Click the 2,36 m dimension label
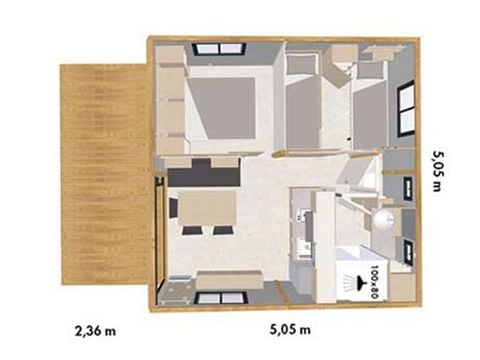(x=96, y=331)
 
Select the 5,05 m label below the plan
(x=290, y=329)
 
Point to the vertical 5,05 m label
(x=438, y=171)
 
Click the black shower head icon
(x=361, y=281)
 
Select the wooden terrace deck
(x=104, y=174)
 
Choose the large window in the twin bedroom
(x=406, y=108)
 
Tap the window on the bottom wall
(x=221, y=298)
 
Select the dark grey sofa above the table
(x=204, y=173)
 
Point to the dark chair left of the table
(x=174, y=207)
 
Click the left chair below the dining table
(x=192, y=230)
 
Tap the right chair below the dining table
(x=223, y=230)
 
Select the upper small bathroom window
(x=408, y=189)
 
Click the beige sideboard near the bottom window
(x=229, y=280)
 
